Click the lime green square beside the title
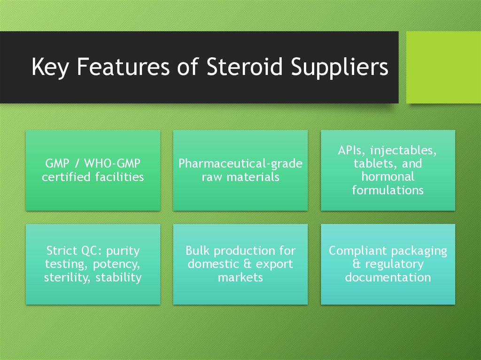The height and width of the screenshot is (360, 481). [x=443, y=67]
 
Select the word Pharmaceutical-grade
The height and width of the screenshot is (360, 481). [x=240, y=164]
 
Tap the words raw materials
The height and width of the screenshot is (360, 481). [x=240, y=177]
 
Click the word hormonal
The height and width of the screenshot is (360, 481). [x=388, y=177]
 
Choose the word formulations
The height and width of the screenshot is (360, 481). [x=388, y=190]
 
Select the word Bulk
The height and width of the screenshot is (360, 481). [x=198, y=251]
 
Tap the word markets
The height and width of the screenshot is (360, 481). [x=240, y=277]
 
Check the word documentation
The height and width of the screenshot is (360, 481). [x=388, y=277]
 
